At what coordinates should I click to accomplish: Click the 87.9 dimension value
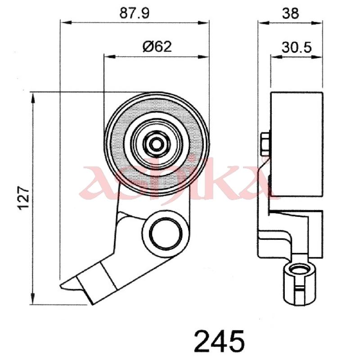pos(134,13)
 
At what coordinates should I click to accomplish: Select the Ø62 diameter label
pos(157,47)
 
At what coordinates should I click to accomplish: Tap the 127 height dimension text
pos(24,198)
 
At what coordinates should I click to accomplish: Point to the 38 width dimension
pos(290,13)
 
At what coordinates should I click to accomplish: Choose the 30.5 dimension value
pos(297,48)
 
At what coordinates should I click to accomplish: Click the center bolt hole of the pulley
pos(157,144)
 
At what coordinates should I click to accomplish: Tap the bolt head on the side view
pos(265,144)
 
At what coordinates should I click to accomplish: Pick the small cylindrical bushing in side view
pos(300,284)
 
